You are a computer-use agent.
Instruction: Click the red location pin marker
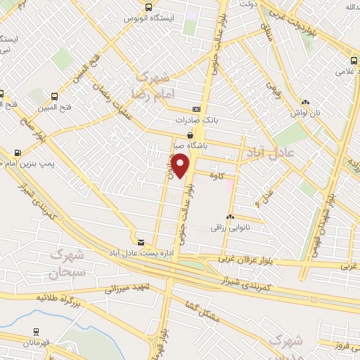point(181,166)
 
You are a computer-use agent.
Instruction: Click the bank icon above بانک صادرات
point(196,109)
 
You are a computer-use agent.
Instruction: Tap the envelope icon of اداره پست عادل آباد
point(141,241)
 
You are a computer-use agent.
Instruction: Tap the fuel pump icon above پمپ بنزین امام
point(17,152)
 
